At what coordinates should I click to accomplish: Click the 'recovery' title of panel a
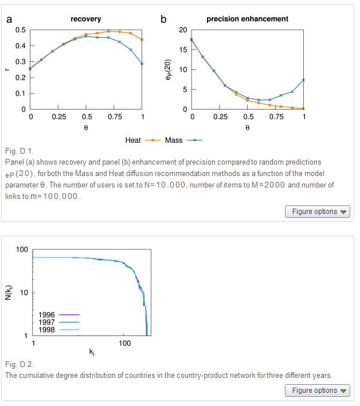[85, 19]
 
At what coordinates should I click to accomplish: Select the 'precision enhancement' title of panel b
[247, 19]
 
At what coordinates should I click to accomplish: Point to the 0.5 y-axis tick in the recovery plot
[20, 30]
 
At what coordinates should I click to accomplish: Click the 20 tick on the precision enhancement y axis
[182, 30]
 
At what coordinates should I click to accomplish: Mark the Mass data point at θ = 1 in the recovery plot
[142, 64]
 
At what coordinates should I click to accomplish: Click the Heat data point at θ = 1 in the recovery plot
[142, 40]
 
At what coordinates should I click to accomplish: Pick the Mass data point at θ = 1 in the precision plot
[304, 80]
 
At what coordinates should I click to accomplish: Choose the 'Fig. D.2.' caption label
[19, 365]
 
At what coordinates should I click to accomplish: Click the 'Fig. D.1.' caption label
[19, 151]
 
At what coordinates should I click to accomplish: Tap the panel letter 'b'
[163, 19]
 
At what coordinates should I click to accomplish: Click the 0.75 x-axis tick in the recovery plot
[114, 116]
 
